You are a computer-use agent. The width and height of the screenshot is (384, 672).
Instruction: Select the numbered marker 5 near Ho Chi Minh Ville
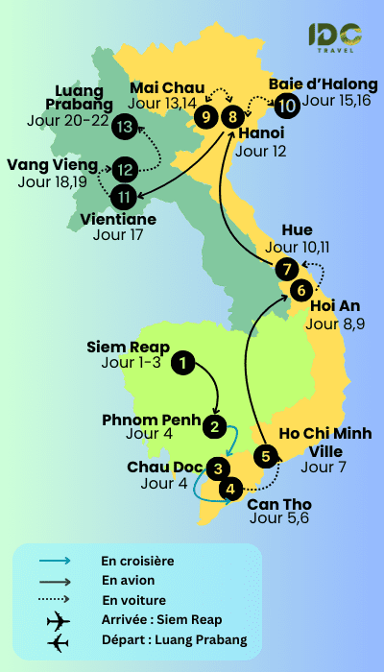tap(267, 455)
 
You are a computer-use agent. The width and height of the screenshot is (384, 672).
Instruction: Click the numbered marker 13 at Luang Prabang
tap(124, 125)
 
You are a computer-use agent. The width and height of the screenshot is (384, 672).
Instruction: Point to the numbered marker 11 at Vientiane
tap(123, 197)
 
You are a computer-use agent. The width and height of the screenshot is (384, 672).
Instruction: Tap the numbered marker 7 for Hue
tap(285, 269)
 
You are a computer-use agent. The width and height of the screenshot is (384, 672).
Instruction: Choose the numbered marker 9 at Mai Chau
tap(204, 116)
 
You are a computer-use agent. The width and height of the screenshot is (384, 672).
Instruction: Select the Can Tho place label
tap(279, 504)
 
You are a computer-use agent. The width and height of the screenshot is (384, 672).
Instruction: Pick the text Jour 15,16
tap(337, 100)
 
